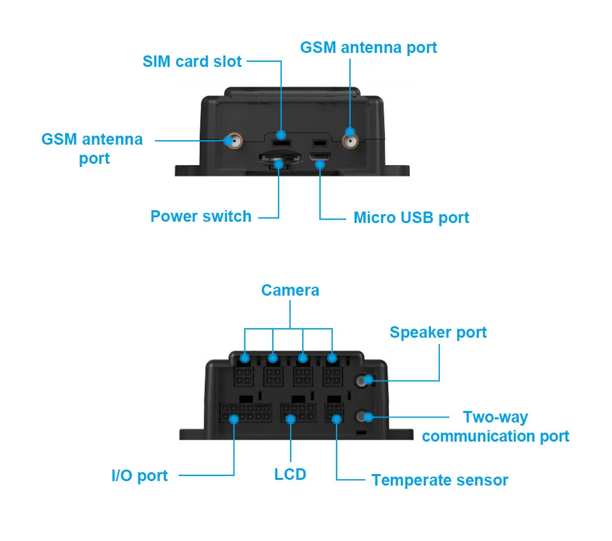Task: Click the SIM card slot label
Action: tap(192, 62)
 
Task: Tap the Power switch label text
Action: tap(201, 217)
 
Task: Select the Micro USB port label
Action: tap(411, 218)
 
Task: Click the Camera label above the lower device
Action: tap(290, 290)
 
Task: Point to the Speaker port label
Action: tap(438, 333)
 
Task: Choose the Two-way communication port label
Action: tap(496, 426)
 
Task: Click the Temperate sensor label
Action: tap(440, 480)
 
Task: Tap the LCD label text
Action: tap(290, 475)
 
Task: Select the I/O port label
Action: tap(140, 476)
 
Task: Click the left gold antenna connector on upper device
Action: tap(234, 141)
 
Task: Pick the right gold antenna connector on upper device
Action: tap(350, 141)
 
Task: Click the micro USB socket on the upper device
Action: tap(320, 156)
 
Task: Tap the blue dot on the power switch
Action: tap(279, 164)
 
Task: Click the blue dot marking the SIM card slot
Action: tap(281, 135)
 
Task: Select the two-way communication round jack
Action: tap(362, 416)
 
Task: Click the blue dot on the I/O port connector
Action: tap(234, 419)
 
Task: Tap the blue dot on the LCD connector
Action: tap(291, 419)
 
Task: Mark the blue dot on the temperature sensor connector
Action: tap(337, 419)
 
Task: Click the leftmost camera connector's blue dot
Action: tap(245, 358)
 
